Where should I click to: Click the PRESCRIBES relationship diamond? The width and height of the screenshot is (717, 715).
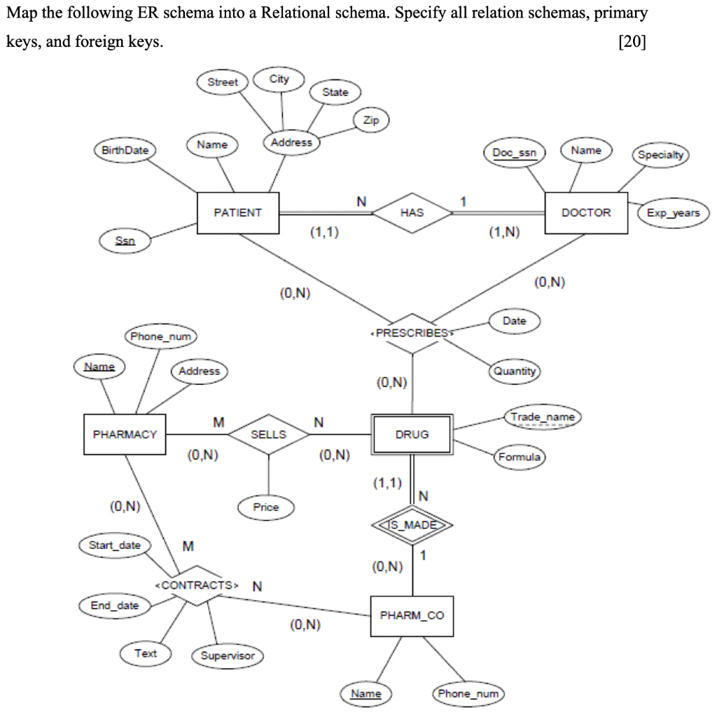(x=412, y=333)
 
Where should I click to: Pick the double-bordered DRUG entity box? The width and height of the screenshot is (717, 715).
(x=412, y=435)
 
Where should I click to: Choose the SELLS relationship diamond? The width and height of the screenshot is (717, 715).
(x=268, y=435)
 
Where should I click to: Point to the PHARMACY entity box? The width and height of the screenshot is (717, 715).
(x=125, y=435)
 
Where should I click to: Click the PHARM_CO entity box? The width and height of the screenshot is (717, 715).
(x=412, y=616)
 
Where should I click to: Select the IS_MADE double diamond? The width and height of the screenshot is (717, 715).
(x=412, y=526)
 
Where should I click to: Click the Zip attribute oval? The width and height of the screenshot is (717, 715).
(x=371, y=121)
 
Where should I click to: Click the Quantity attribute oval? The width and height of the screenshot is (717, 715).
(x=515, y=372)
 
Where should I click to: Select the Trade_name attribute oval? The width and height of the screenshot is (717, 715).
(x=543, y=418)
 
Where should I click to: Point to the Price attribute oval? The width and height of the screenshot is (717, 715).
(x=266, y=507)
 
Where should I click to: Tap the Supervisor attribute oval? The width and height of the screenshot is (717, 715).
(x=228, y=656)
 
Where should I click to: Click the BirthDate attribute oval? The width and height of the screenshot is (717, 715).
(x=125, y=151)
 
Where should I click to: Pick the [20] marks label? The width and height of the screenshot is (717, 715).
(x=632, y=42)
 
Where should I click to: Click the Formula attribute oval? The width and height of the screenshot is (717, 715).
(x=519, y=457)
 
